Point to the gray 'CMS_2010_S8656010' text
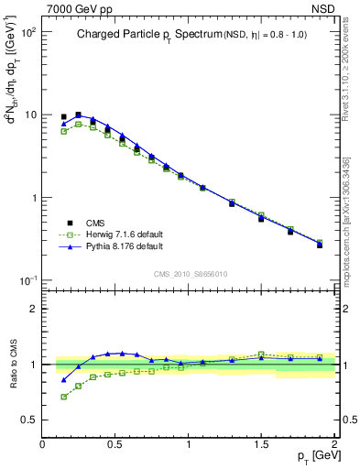pos(190,273)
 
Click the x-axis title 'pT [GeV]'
pos(314,455)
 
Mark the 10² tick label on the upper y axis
pos(28,32)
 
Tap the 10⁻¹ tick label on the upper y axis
pos(27,280)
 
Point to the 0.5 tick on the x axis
pos(115,442)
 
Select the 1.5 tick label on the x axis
pos(262,442)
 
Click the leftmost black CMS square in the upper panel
pos(63,117)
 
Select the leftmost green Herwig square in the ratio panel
pos(63,397)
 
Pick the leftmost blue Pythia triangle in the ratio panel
pos(63,379)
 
